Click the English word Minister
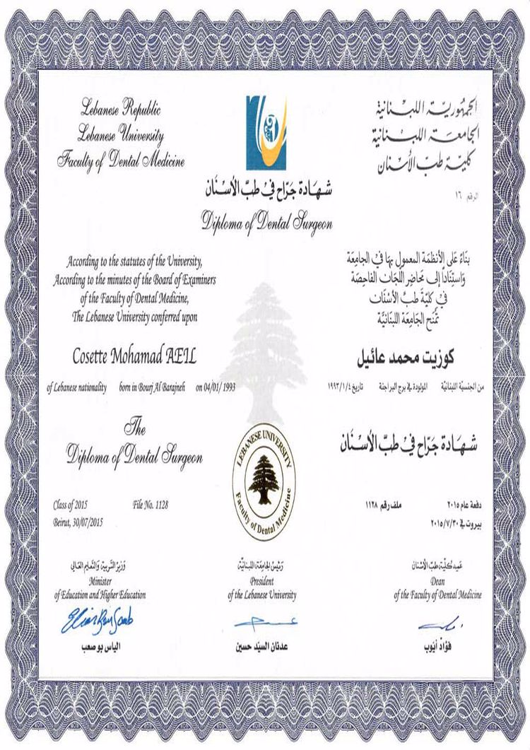[x=100, y=585]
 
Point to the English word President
[x=261, y=585]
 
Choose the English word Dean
[x=437, y=585]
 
